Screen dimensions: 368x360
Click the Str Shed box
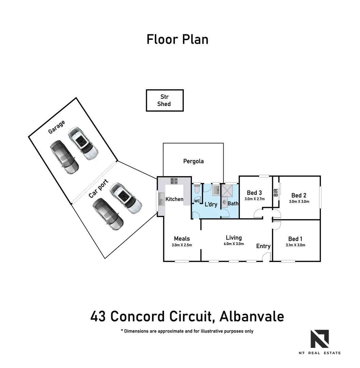165,101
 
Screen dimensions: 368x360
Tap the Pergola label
193,161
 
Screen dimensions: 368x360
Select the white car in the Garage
83,144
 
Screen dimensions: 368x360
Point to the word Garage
56,127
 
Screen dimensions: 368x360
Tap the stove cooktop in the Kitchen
174,181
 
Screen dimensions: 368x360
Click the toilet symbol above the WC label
197,189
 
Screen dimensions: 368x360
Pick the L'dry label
211,204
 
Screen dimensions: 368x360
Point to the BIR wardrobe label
276,193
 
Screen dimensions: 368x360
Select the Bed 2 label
299,195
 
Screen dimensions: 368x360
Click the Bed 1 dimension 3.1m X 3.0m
295,245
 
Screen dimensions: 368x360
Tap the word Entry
263,246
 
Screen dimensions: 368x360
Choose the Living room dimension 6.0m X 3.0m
234,244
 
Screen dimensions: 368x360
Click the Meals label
182,239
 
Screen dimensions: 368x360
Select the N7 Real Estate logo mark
319,339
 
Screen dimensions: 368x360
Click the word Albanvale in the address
252,317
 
